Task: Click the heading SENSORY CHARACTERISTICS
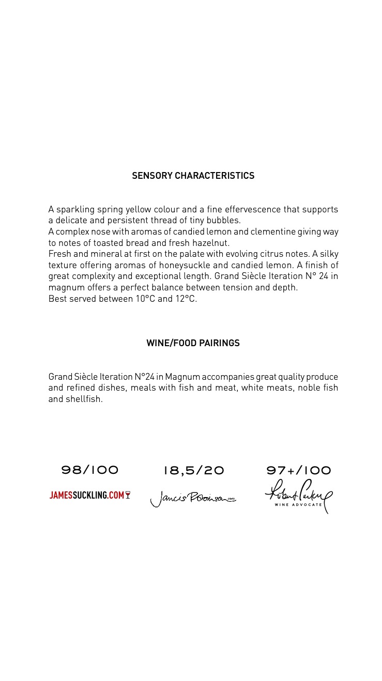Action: pyautogui.click(x=193, y=176)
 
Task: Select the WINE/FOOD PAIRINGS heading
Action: pyautogui.click(x=193, y=343)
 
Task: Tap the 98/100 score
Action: pyautogui.click(x=90, y=470)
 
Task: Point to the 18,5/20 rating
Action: pyautogui.click(x=194, y=470)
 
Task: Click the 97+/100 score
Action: pyautogui.click(x=298, y=470)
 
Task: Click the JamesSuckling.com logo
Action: pyautogui.click(x=87, y=496)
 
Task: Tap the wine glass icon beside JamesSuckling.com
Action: pyautogui.click(x=128, y=495)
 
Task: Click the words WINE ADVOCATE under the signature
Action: pyautogui.click(x=298, y=504)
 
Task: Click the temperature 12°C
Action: pyautogui.click(x=185, y=299)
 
